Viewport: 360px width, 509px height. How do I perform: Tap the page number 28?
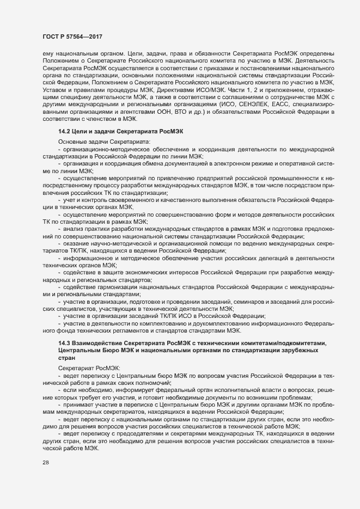(45, 477)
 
